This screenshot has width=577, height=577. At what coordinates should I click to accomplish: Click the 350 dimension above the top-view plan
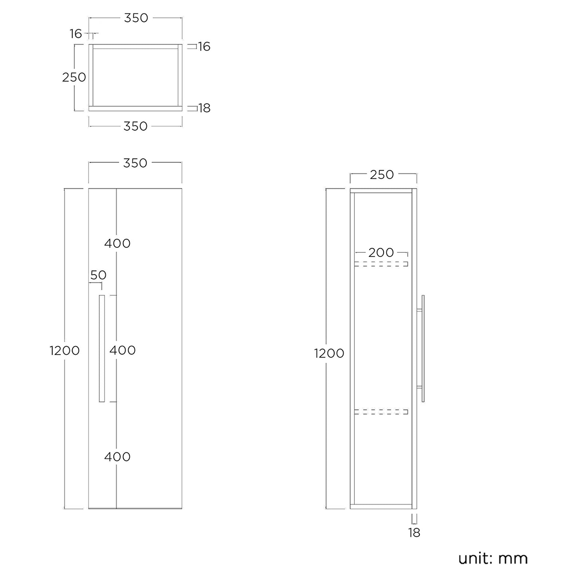tap(136, 18)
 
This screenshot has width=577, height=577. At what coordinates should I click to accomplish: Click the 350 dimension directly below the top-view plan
tap(135, 126)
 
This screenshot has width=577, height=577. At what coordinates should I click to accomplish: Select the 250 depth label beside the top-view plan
tap(74, 77)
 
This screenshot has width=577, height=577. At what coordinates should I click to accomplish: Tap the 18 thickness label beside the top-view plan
tap(205, 108)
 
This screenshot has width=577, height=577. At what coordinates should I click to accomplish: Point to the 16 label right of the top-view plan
tap(204, 46)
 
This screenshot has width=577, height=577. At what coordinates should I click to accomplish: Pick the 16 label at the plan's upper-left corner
tap(76, 34)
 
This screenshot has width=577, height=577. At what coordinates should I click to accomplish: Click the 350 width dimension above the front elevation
tap(135, 163)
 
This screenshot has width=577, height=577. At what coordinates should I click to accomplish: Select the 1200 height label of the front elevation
tap(65, 350)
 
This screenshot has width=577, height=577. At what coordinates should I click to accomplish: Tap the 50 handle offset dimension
tap(98, 275)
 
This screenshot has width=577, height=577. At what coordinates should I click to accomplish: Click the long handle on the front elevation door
tap(102, 348)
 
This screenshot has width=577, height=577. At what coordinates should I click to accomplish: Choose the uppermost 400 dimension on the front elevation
tap(118, 244)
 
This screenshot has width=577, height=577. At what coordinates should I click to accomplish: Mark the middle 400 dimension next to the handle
tap(123, 350)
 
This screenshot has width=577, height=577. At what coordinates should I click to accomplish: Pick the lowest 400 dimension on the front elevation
tap(118, 457)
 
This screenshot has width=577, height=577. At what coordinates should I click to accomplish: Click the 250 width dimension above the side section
tap(382, 175)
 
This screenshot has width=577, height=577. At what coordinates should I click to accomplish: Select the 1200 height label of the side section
tap(329, 353)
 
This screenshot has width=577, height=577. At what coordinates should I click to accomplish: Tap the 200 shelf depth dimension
tap(381, 253)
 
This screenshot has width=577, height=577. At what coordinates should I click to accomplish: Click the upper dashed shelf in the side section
tap(381, 263)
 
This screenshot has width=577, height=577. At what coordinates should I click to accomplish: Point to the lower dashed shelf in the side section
tap(381, 411)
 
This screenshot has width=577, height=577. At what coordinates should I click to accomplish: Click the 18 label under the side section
tap(414, 532)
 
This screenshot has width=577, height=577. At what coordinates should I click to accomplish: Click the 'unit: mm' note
tap(493, 559)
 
